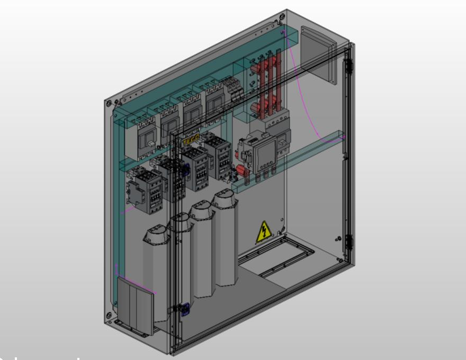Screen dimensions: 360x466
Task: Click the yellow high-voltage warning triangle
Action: click(264, 232)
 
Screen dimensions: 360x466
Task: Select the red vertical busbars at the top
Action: click(268, 79)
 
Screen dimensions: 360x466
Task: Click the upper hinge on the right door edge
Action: click(348, 66)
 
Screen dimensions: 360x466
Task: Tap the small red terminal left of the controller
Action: click(239, 171)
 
